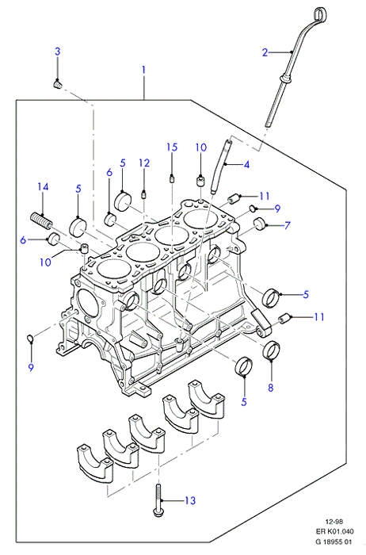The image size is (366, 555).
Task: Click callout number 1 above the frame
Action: (x=143, y=70)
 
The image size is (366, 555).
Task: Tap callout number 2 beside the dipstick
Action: (x=265, y=52)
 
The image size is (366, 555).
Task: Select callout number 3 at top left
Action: (x=57, y=52)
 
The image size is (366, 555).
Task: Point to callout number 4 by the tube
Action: (x=246, y=165)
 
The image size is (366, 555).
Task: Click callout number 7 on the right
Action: (x=287, y=225)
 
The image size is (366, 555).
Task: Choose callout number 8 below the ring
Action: (x=270, y=388)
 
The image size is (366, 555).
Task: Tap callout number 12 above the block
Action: (x=144, y=163)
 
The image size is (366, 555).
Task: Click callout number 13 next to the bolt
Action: (x=190, y=500)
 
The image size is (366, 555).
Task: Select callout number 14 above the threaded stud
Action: (x=43, y=186)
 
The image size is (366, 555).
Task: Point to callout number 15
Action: (x=172, y=147)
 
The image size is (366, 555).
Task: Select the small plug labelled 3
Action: (x=57, y=85)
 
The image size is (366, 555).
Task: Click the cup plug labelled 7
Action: (x=261, y=224)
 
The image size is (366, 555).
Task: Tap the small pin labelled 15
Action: (x=172, y=178)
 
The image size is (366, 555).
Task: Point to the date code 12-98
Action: (x=334, y=522)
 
